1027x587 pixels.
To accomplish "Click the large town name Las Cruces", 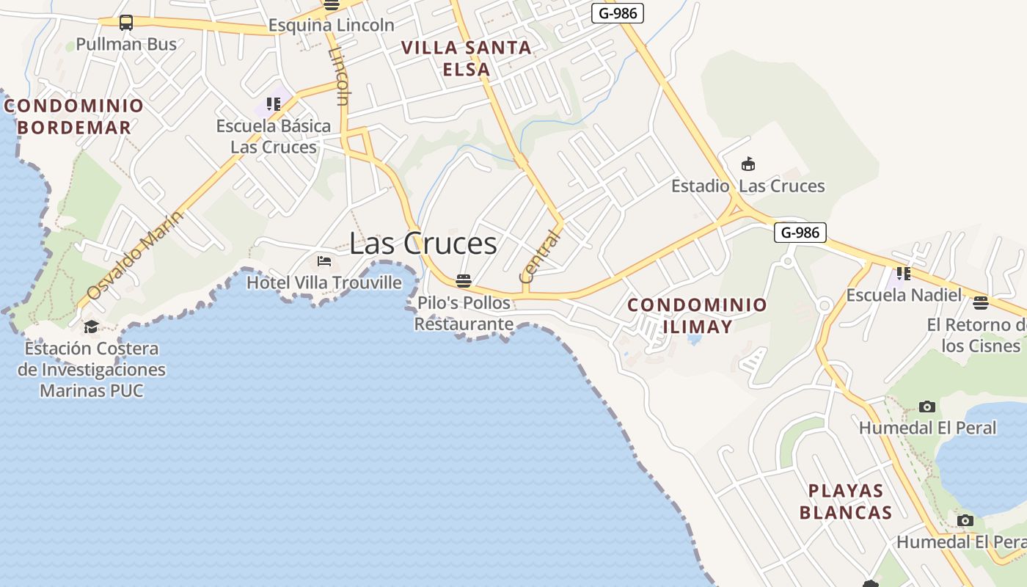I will coord(423,244).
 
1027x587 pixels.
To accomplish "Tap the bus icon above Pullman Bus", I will coord(126,23).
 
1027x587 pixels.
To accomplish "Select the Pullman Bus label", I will coord(126,44).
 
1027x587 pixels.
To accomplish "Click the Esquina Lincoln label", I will coord(331,25).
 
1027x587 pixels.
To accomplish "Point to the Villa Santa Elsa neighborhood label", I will coord(467,59).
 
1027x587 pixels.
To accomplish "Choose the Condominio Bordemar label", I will coord(74,116).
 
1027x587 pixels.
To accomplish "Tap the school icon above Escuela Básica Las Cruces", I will coord(274,104).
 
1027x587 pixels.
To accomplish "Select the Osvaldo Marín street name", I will coord(135,255).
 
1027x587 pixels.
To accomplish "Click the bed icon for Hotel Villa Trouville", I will coord(324,261).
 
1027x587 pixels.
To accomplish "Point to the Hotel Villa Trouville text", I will coord(324,282).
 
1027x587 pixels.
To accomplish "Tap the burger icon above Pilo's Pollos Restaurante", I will coord(463,280).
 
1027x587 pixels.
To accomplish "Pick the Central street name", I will coord(539,256).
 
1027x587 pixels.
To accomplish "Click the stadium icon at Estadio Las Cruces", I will coord(748,164).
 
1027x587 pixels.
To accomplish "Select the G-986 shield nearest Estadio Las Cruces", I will coord(800,233).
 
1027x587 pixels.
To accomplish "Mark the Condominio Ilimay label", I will coord(697,316).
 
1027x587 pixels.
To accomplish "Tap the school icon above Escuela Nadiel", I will coord(903,274).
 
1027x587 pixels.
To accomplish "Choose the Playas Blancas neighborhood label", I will coord(846,501).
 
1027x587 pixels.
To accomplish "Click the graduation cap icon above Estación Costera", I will coord(91,327).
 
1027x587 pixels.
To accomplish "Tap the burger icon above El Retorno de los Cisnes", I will coord(981,302).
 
